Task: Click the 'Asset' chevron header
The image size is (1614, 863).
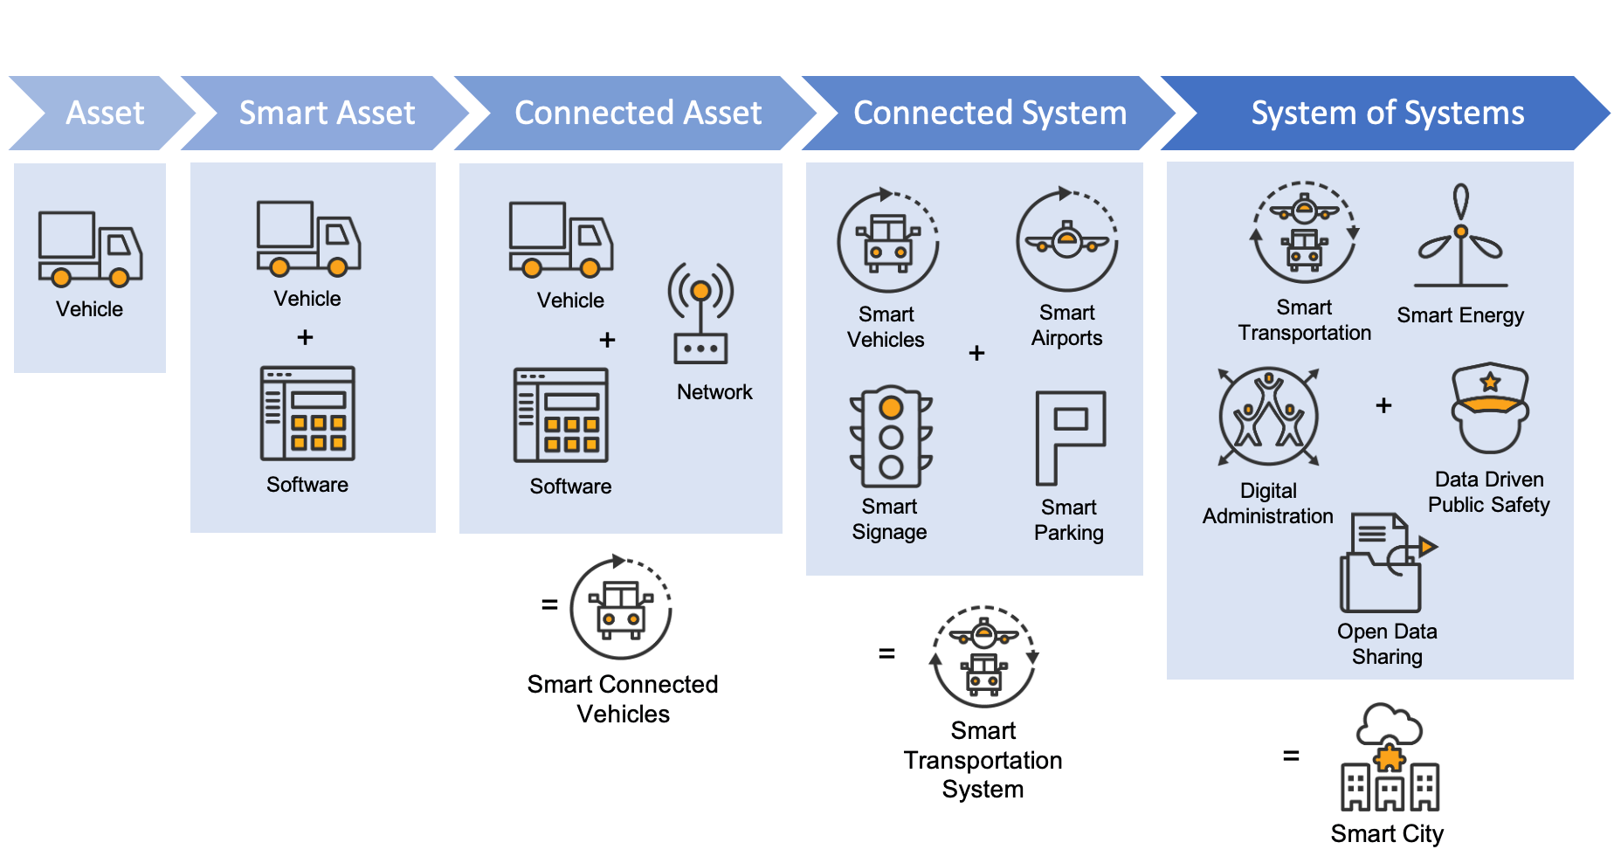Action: pos(104,113)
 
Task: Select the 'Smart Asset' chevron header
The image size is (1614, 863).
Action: pos(327,113)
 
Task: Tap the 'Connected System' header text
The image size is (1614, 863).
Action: pos(990,113)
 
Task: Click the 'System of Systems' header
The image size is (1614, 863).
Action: pos(1387,113)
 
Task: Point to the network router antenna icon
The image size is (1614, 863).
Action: pos(700,314)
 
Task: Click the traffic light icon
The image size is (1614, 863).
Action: pos(891,437)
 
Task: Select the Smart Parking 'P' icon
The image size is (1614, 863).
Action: pos(1070,437)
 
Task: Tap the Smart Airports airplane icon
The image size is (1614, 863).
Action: pos(1067,240)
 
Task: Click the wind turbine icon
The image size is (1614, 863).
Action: pos(1460,236)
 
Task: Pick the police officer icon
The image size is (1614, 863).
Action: pos(1490,408)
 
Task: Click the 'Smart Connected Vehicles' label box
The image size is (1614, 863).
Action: pos(623,699)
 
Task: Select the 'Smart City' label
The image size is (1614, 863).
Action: pos(1387,833)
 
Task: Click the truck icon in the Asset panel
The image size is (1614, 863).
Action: pos(89,249)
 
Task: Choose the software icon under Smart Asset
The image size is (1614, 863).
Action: pos(307,413)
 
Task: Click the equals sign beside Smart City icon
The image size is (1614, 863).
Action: pos(1291,756)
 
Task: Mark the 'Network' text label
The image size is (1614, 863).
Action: pos(714,392)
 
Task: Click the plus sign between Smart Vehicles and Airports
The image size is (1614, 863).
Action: pos(976,353)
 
